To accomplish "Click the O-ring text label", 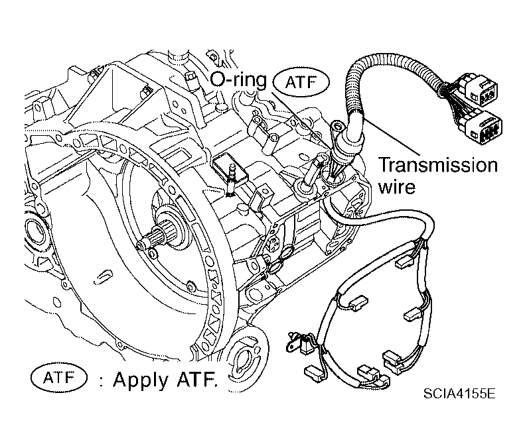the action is [x=238, y=80].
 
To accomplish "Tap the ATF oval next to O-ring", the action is [x=301, y=82].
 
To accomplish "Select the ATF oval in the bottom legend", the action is [x=59, y=378].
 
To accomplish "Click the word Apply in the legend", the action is [x=141, y=380].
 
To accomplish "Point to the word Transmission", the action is [x=438, y=165].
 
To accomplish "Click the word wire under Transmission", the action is [x=397, y=188].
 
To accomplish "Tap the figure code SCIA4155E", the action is [x=459, y=393].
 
